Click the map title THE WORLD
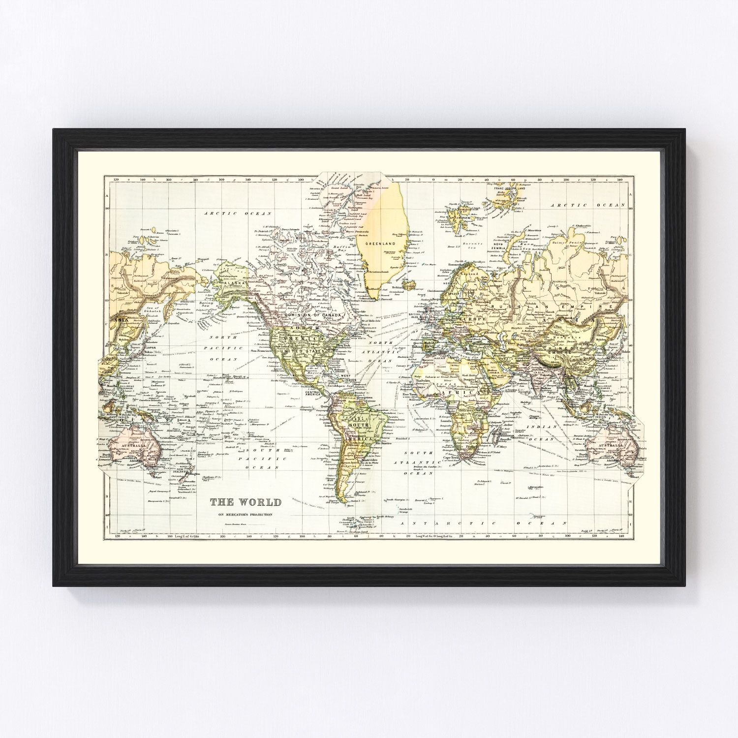click(x=246, y=502)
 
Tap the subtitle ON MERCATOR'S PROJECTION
click(x=246, y=515)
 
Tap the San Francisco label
click(x=261, y=350)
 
